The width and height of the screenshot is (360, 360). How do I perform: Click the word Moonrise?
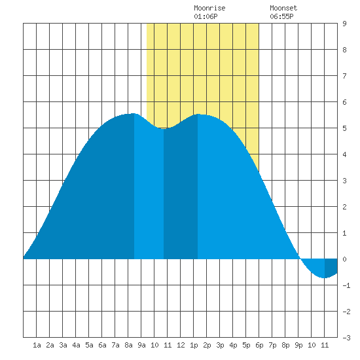click(209, 8)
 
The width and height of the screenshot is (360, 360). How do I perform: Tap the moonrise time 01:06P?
click(206, 16)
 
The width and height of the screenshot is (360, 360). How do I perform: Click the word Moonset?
click(283, 8)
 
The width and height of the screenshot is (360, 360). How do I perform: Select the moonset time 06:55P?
click(281, 16)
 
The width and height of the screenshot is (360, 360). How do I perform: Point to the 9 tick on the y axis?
click(344, 24)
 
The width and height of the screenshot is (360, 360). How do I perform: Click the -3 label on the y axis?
click(346, 338)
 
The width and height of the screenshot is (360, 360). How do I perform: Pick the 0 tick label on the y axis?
click(344, 259)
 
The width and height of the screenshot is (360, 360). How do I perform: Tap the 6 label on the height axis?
click(344, 102)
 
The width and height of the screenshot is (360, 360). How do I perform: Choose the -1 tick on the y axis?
click(346, 285)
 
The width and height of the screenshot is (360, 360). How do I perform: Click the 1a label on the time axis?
click(37, 345)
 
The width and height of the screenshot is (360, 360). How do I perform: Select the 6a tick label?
click(102, 345)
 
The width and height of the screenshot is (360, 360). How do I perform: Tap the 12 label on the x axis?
click(181, 345)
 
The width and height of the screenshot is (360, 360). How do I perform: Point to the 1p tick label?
click(194, 345)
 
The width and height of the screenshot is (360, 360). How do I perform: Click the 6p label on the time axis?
click(259, 345)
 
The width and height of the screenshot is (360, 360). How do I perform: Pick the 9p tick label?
click(298, 345)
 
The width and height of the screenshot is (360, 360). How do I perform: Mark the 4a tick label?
click(76, 345)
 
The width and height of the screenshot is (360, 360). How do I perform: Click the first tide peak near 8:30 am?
click(134, 113)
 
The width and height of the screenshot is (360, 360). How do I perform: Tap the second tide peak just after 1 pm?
click(198, 114)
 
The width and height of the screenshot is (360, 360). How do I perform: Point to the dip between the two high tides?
click(164, 128)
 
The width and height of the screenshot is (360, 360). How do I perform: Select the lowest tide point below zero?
click(325, 278)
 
